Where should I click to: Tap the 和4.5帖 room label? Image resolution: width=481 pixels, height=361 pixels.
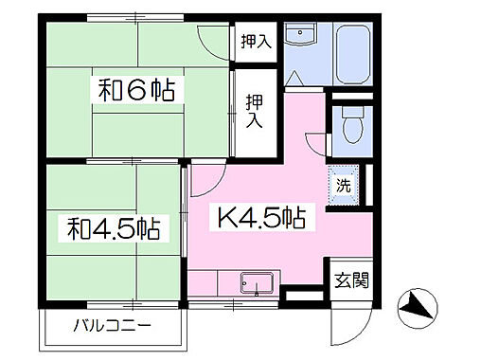click(x=113, y=228)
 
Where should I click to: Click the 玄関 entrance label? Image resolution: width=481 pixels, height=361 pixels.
click(x=351, y=280)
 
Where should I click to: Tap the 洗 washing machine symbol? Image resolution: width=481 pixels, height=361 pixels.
click(x=345, y=185)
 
